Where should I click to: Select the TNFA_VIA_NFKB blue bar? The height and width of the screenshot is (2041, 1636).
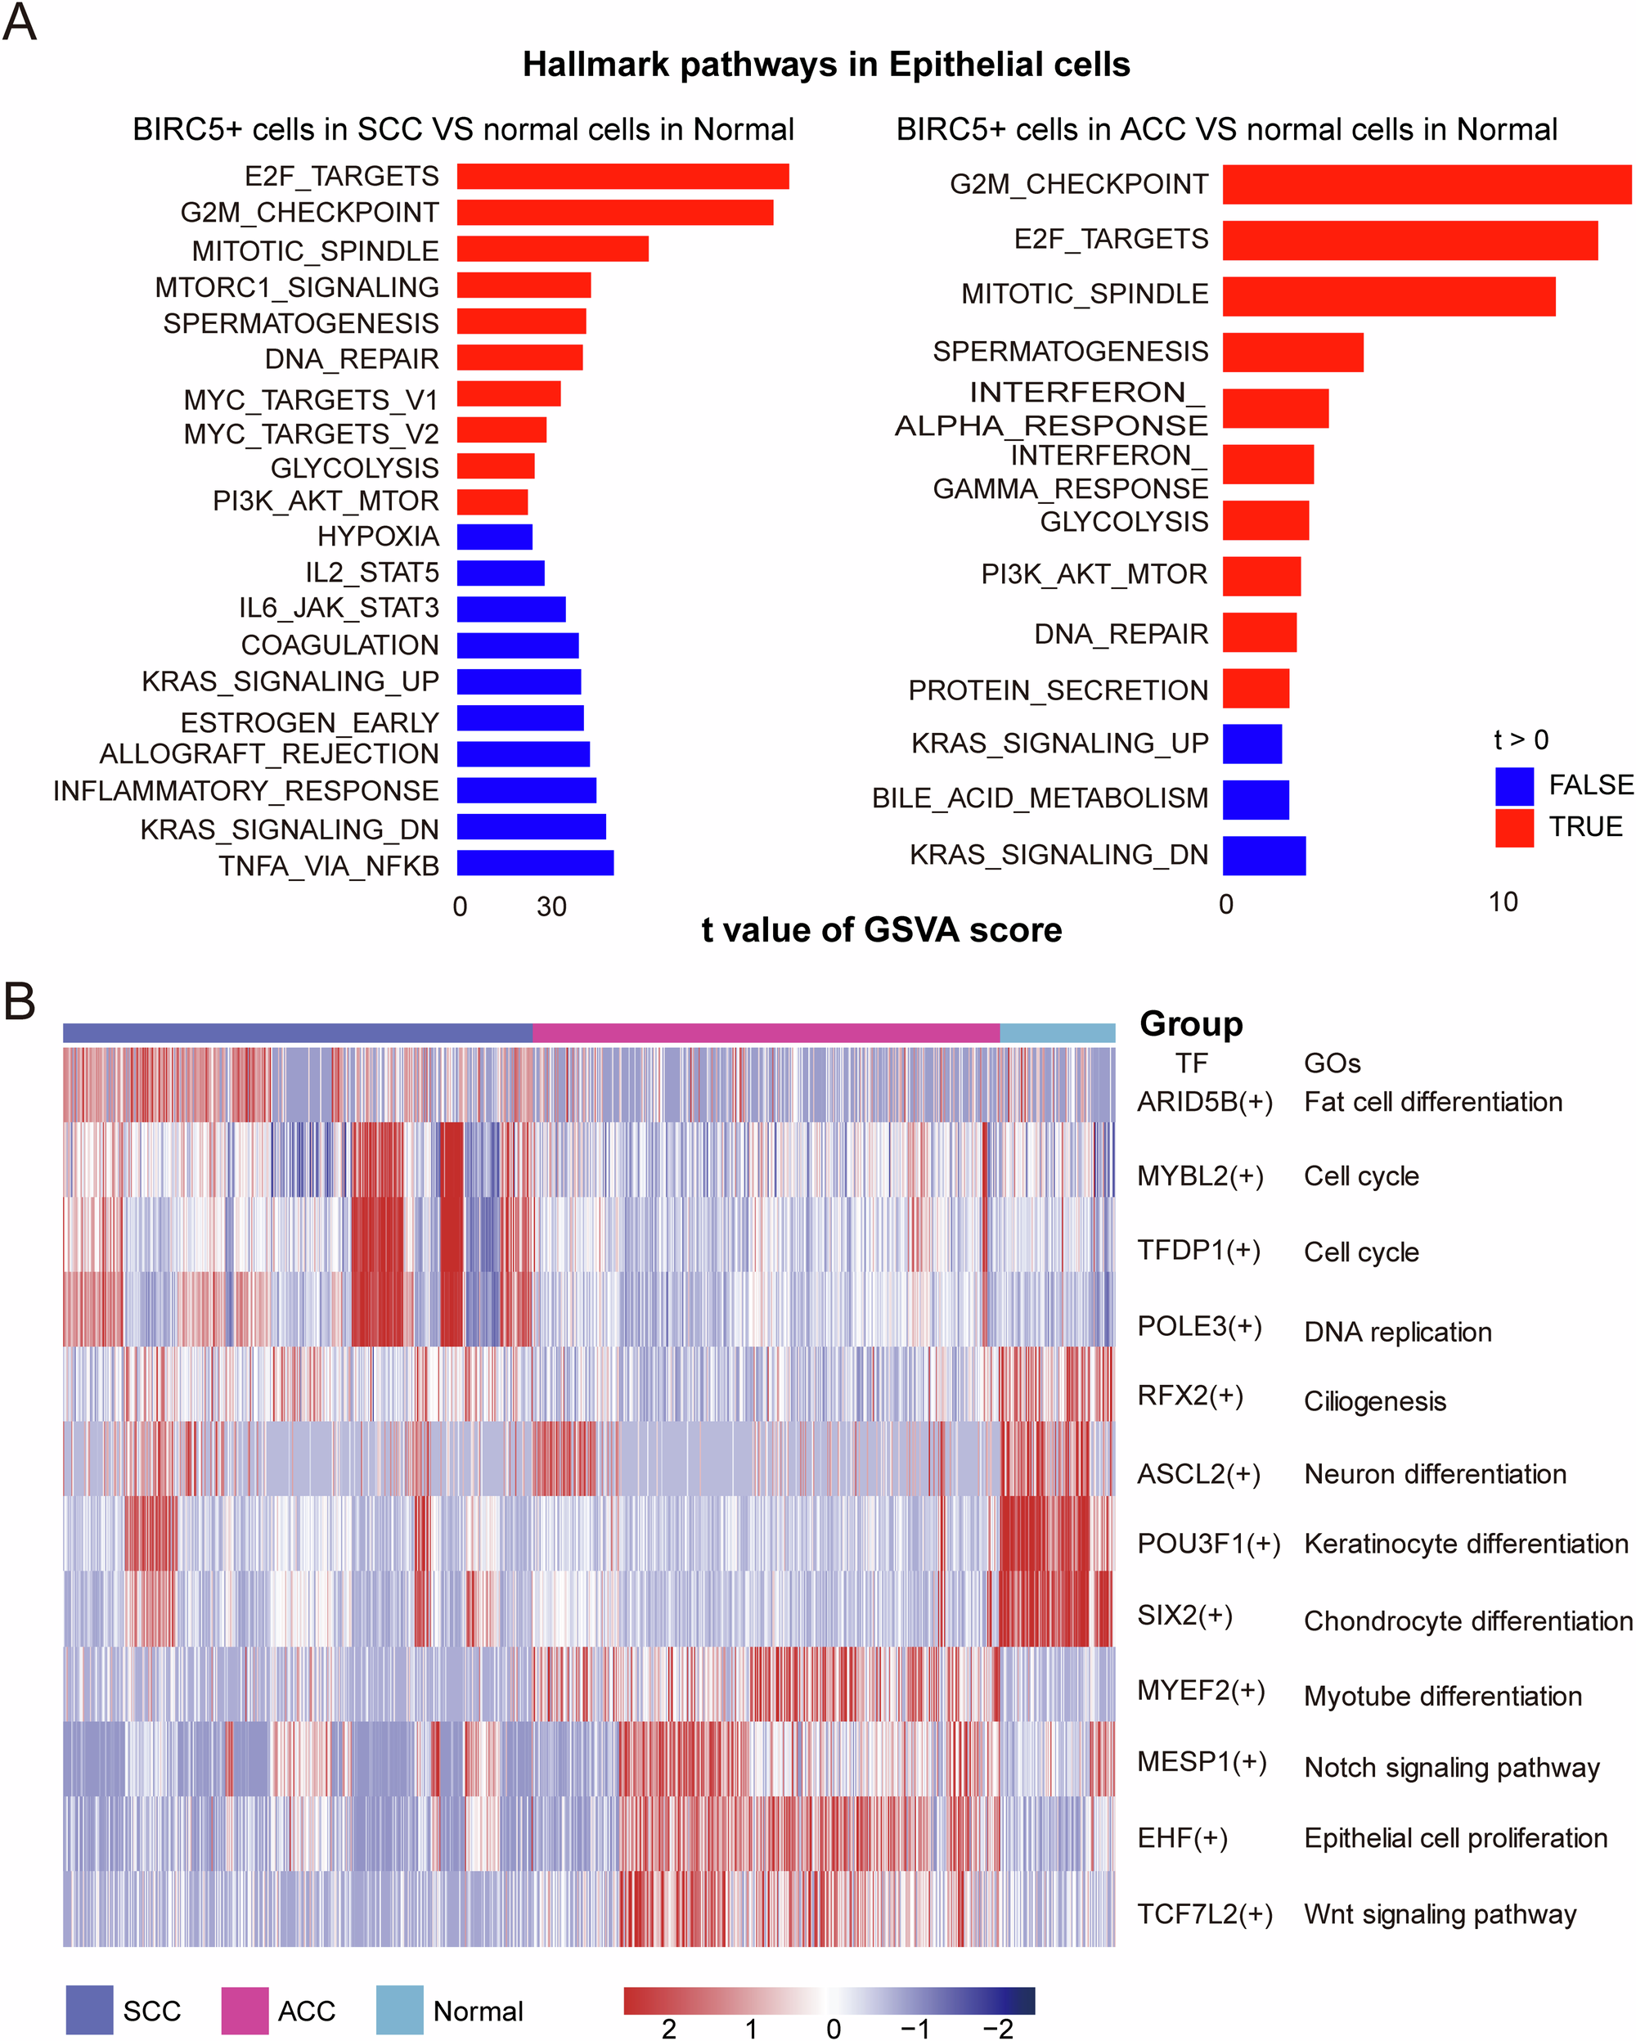pyautogui.click(x=535, y=862)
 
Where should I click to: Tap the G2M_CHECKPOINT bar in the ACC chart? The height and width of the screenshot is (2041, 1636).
pyautogui.click(x=1426, y=185)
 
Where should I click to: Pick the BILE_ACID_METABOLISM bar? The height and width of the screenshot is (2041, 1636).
pyautogui.click(x=1256, y=799)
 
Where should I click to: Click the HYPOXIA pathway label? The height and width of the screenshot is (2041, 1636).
pyautogui.click(x=378, y=537)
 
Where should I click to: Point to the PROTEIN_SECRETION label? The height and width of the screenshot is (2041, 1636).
pyautogui.click(x=1058, y=690)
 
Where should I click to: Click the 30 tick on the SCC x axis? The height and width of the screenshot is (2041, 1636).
pyautogui.click(x=551, y=907)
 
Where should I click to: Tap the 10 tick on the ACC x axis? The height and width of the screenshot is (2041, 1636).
pyautogui.click(x=1503, y=902)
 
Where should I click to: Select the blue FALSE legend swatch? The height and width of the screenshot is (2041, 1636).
pyautogui.click(x=1514, y=786)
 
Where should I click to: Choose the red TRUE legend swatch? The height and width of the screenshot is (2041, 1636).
pyautogui.click(x=1514, y=827)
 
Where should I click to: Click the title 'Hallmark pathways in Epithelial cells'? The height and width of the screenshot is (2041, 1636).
pyautogui.click(x=825, y=65)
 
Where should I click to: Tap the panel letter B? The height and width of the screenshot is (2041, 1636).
pyautogui.click(x=19, y=1000)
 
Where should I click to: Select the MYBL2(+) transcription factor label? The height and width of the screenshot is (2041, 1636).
pyautogui.click(x=1199, y=1176)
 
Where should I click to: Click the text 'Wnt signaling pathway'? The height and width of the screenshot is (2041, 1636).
pyautogui.click(x=1439, y=1914)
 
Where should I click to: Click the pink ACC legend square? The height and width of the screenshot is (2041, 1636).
pyautogui.click(x=245, y=2010)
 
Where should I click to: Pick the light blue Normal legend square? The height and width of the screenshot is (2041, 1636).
pyautogui.click(x=399, y=2010)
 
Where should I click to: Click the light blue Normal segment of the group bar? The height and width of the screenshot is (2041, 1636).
pyautogui.click(x=1057, y=1033)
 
